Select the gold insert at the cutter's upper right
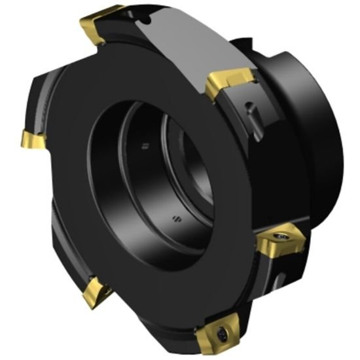(229, 82)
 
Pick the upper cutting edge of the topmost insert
(98, 16)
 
